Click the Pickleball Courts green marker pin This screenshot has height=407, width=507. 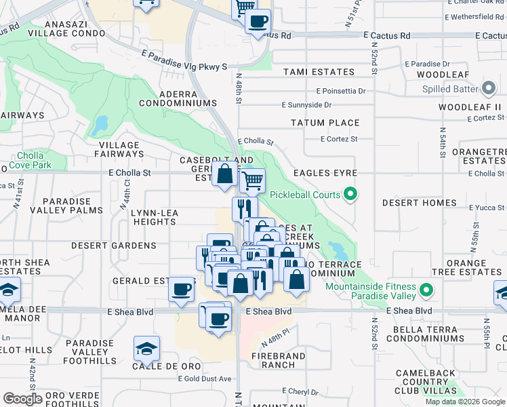pyautogui.click(x=350, y=195)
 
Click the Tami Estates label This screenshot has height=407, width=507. pyautogui.click(x=319, y=72)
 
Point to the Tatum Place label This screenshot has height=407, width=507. pyautogui.click(x=325, y=123)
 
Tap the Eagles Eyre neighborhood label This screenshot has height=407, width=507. pyautogui.click(x=325, y=173)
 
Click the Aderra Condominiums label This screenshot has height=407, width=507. pyautogui.click(x=178, y=98)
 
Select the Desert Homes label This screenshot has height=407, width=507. pyautogui.click(x=419, y=203)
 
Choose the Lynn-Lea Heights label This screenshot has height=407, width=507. pyautogui.click(x=154, y=217)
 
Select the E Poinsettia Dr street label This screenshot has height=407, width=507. pyautogui.click(x=341, y=90)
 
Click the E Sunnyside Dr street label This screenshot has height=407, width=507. pyautogui.click(x=307, y=105)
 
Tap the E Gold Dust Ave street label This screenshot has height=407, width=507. pyautogui.click(x=205, y=379)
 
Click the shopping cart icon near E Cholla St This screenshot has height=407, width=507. pyautogui.click(x=252, y=180)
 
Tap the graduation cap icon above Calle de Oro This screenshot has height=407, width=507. pyautogui.click(x=146, y=349)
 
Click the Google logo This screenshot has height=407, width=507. pyautogui.click(x=23, y=399)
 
